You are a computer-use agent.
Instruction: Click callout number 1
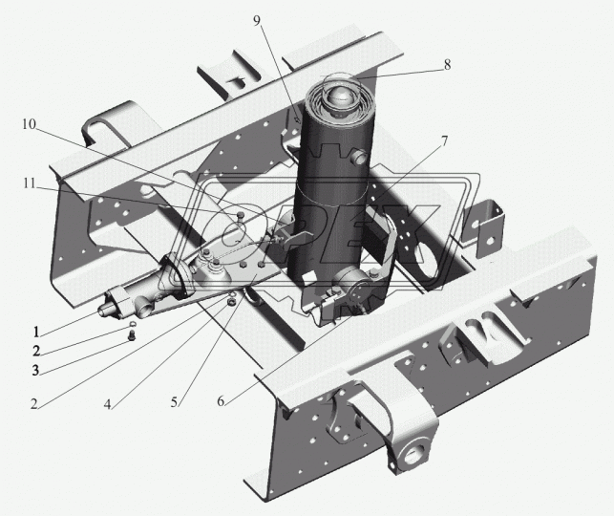(x=36, y=332)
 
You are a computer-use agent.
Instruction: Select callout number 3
(x=36, y=370)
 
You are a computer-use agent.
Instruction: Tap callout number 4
(x=107, y=404)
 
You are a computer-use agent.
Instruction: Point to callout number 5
(x=174, y=402)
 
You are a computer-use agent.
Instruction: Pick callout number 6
(x=221, y=400)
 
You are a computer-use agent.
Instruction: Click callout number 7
(x=444, y=141)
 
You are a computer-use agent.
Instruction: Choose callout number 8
(x=447, y=64)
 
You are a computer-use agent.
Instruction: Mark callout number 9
(x=257, y=20)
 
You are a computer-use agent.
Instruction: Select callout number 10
(x=29, y=124)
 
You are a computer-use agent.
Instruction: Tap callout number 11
(x=29, y=183)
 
